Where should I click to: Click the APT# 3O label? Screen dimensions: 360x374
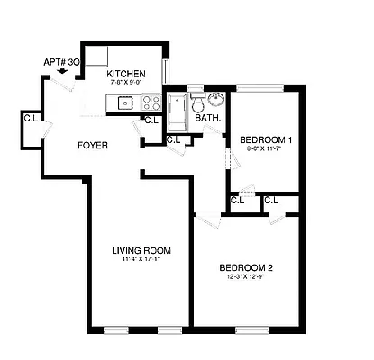click(x=60, y=63)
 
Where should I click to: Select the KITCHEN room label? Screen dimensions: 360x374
click(x=125, y=75)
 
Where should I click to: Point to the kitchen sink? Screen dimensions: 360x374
click(x=123, y=103)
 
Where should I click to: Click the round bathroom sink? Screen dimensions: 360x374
click(x=218, y=100)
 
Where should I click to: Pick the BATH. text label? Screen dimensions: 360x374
click(x=208, y=118)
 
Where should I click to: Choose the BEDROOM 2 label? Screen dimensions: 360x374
click(x=246, y=267)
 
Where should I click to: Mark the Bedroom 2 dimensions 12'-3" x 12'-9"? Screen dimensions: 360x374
click(x=246, y=277)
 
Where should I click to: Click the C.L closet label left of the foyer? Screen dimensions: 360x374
click(x=30, y=117)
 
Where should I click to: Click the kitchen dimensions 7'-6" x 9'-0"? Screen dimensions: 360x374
click(x=125, y=84)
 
